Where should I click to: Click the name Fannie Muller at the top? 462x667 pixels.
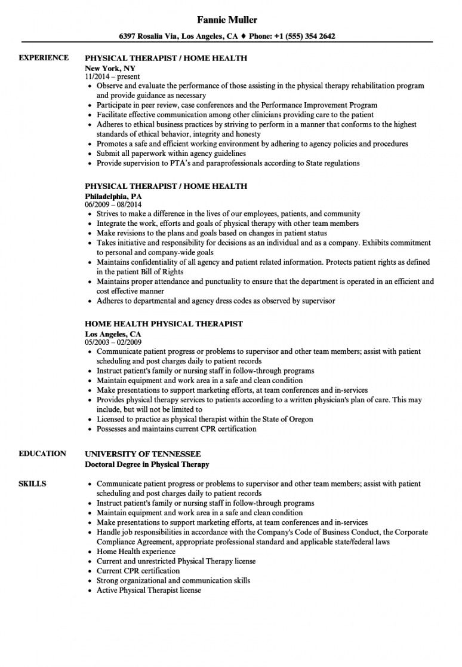point(230,20)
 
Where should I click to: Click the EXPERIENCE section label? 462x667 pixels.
point(44,58)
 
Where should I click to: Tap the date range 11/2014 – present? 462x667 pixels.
point(113,77)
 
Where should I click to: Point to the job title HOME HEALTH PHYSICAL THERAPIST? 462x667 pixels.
point(164,323)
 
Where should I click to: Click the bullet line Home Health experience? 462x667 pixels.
point(136,552)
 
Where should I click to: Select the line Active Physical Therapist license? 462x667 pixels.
point(149,590)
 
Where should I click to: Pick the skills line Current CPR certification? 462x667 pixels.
point(138,571)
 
